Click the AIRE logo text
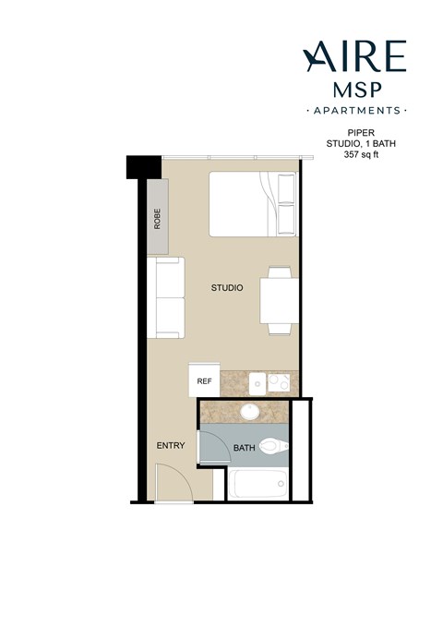(x=354, y=57)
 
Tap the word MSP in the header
(x=354, y=90)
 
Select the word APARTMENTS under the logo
(x=354, y=111)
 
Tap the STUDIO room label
(x=227, y=289)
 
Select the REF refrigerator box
(x=203, y=380)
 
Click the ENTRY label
(x=171, y=446)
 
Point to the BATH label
(x=244, y=449)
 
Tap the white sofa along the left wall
(x=168, y=297)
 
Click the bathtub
(x=256, y=484)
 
